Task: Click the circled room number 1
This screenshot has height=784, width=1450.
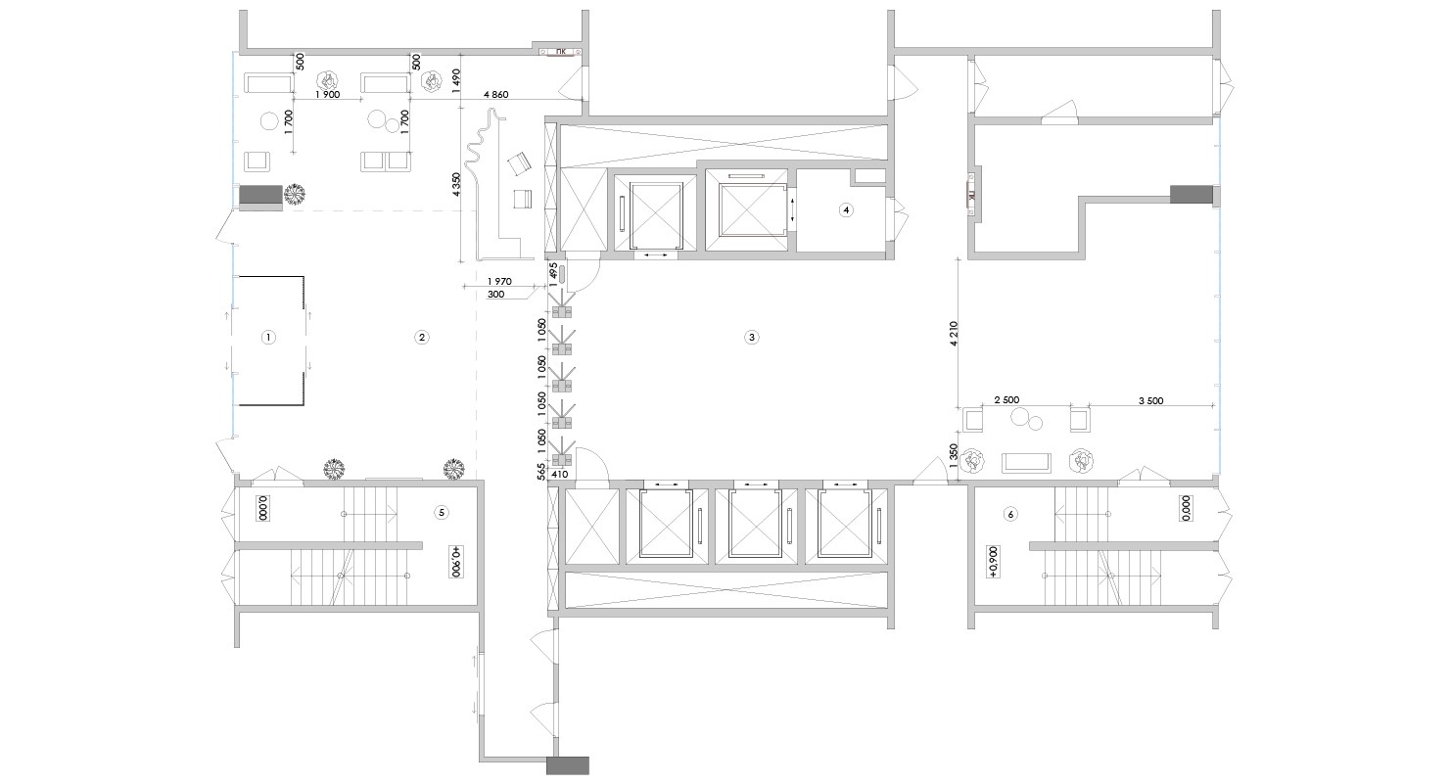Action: pyautogui.click(x=267, y=337)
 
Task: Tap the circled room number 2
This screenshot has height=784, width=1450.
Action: pyautogui.click(x=421, y=337)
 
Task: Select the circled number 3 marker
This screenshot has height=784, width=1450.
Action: pyautogui.click(x=751, y=337)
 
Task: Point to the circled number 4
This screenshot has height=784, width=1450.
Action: pyautogui.click(x=845, y=209)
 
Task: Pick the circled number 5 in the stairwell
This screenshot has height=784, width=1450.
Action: pyautogui.click(x=442, y=512)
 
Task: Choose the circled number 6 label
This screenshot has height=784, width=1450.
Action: pyautogui.click(x=1009, y=514)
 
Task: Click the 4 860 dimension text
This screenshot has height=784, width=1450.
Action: pyautogui.click(x=495, y=94)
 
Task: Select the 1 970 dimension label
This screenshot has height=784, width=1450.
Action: pyautogui.click(x=499, y=281)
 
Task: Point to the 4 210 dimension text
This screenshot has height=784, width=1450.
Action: pyautogui.click(x=954, y=334)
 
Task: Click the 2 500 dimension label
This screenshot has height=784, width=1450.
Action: pyautogui.click(x=1006, y=400)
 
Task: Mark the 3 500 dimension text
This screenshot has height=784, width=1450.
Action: pyautogui.click(x=1151, y=401)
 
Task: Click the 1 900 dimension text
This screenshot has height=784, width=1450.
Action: pyautogui.click(x=327, y=94)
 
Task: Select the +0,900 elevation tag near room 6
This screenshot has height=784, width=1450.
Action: pyautogui.click(x=994, y=562)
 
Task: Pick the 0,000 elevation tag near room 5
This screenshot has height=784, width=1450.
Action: pyautogui.click(x=262, y=508)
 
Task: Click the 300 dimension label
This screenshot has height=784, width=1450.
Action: pyautogui.click(x=495, y=295)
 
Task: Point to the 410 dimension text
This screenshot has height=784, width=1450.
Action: pyautogui.click(x=559, y=474)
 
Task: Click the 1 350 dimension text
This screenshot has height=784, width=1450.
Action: pyautogui.click(x=954, y=455)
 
